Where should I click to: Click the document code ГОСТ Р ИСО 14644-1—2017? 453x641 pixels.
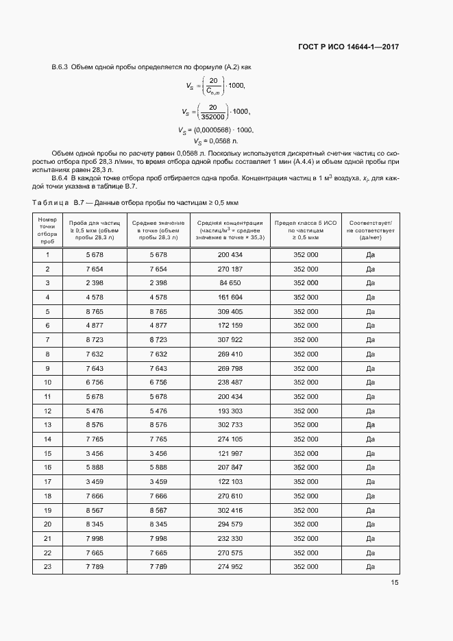pos(348,47)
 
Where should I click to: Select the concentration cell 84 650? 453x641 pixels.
pos(230,282)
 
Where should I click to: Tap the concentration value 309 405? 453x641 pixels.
pos(230,311)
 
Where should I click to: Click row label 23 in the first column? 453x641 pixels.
pos(47,567)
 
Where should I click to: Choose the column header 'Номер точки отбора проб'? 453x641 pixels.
pos(47,230)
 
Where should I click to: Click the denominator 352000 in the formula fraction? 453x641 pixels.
pos(212,116)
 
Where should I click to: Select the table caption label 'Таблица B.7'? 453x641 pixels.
pos(58,204)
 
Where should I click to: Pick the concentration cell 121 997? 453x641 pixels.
pos(230,453)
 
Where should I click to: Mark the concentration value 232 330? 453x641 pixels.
pos(230,538)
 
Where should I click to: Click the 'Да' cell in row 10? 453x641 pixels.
pos(370,382)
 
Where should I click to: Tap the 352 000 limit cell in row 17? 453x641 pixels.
pos(306,481)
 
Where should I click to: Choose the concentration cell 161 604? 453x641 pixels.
pos(230,297)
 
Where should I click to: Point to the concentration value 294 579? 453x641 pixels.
pos(230,524)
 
